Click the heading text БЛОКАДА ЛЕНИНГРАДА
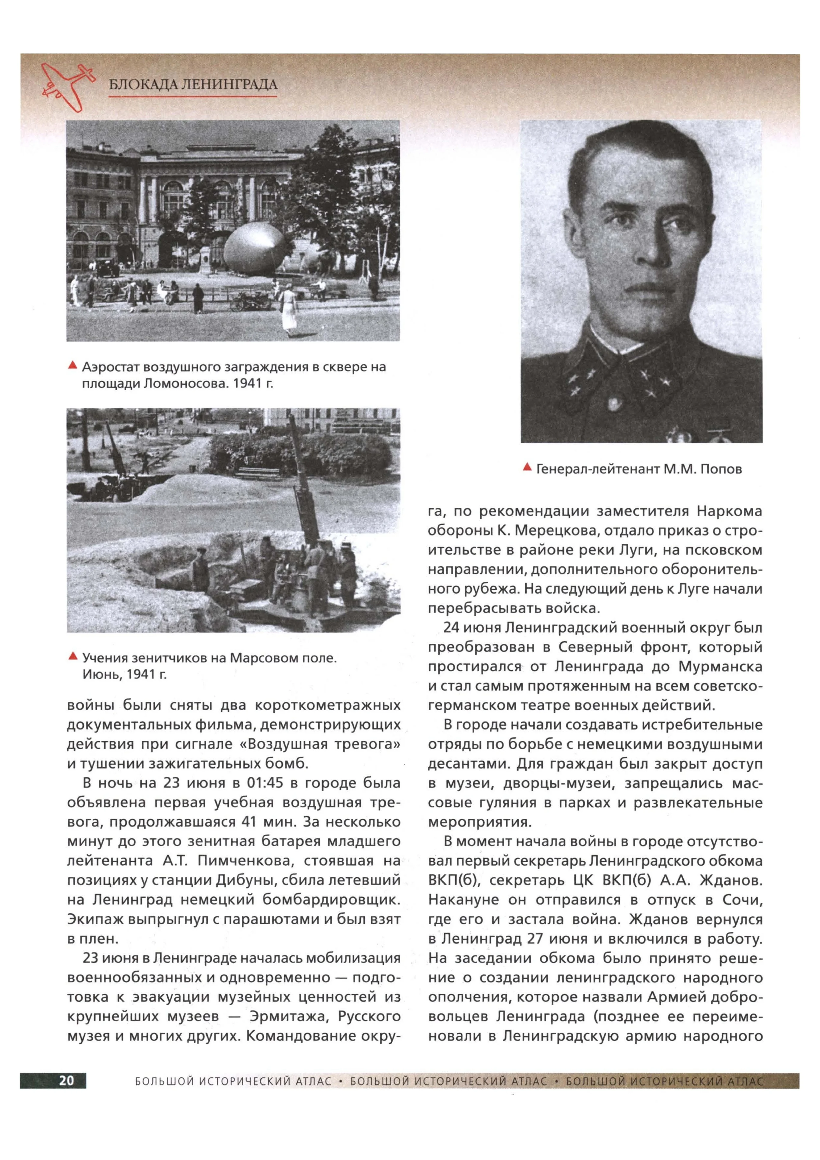[x=193, y=85]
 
